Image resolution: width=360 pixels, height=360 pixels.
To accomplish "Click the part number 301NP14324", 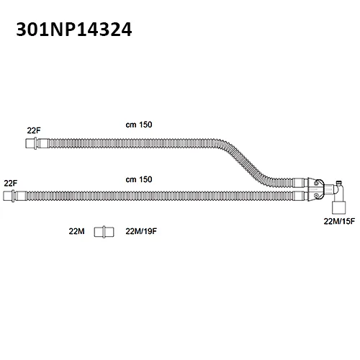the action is point(74,30).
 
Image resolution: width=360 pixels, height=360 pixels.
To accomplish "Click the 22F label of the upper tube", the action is point(34,130).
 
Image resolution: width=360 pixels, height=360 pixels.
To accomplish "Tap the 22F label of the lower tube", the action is point(11,184).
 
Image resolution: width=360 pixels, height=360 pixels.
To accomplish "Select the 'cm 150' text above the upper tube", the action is point(139,125).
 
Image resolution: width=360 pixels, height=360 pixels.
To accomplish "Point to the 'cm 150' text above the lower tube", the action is point(139,179).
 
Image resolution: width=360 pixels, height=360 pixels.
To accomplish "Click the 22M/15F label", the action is point(339,221).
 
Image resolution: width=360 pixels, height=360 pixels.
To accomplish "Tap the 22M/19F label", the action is point(141,231).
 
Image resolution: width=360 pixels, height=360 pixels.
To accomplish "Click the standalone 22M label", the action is point(76,231).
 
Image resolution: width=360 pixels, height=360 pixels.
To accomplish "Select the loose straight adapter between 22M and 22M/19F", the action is point(104,232).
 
